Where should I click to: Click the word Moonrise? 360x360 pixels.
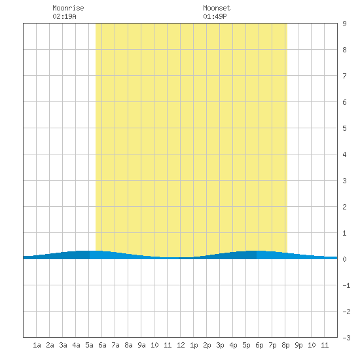pyautogui.click(x=68, y=8)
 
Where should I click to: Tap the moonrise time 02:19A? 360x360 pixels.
pyautogui.click(x=64, y=16)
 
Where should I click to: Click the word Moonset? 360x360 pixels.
pyautogui.click(x=217, y=8)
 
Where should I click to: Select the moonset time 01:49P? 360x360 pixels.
pyautogui.click(x=215, y=16)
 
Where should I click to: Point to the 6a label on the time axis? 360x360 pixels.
pyautogui.click(x=102, y=345)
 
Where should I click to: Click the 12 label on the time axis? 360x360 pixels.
pyautogui.click(x=181, y=345)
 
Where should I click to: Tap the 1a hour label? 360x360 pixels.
pyautogui.click(x=37, y=345)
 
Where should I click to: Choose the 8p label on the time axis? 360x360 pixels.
pyautogui.click(x=285, y=345)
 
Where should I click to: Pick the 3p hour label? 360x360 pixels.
pyautogui.click(x=220, y=345)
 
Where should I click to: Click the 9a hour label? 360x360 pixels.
pyautogui.click(x=141, y=345)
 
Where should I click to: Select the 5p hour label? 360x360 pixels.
pyautogui.click(x=246, y=345)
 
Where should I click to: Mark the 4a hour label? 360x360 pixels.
pyautogui.click(x=76, y=345)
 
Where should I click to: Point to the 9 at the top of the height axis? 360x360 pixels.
pyautogui.click(x=344, y=24)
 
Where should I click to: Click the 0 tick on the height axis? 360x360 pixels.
pyautogui.click(x=344, y=259)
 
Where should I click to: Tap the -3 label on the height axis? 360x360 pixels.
pyautogui.click(x=346, y=338)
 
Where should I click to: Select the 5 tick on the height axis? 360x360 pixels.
pyautogui.click(x=344, y=128)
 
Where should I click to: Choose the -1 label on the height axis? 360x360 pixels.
pyautogui.click(x=346, y=285)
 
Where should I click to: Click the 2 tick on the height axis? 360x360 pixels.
pyautogui.click(x=344, y=207)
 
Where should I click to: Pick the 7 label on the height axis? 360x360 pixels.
pyautogui.click(x=344, y=76)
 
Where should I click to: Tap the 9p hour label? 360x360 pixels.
pyautogui.click(x=298, y=345)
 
